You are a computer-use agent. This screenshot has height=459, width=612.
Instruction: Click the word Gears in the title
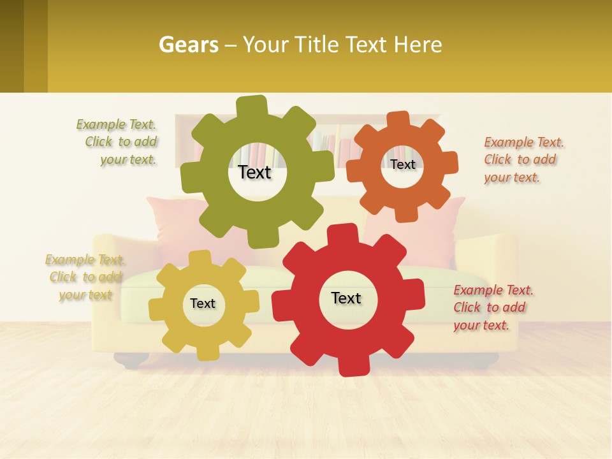point(188,45)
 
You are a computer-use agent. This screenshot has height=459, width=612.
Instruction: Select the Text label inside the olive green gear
point(254,172)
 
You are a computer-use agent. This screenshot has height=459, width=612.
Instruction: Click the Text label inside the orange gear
point(402,164)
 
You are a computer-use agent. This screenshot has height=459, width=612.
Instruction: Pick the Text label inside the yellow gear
point(202,303)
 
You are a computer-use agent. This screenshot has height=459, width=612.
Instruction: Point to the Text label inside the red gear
point(346,298)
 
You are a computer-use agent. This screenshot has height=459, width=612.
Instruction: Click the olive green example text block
point(117,142)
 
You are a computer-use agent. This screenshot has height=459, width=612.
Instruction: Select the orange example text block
point(523,159)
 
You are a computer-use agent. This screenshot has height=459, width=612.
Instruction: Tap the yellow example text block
point(85,277)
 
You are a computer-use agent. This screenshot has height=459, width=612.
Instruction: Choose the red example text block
point(493,307)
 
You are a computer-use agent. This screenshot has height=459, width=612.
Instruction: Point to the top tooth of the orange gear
point(398,120)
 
